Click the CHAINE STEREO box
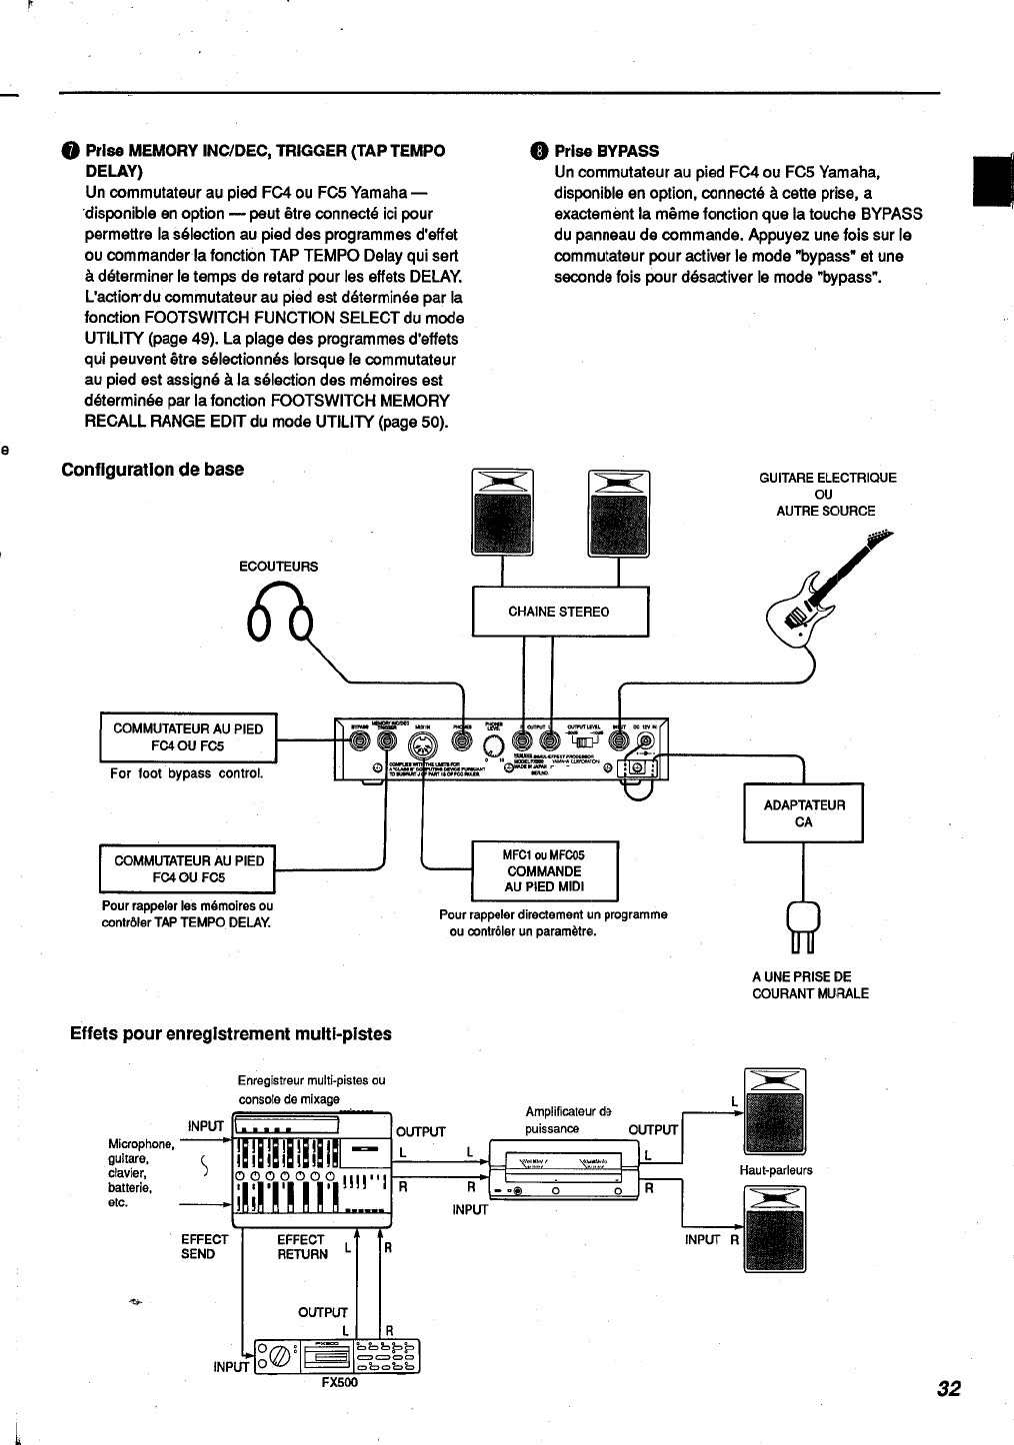[x=559, y=612]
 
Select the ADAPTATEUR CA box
[x=803, y=813]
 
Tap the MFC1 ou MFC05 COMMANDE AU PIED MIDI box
[x=544, y=871]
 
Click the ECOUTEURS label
[x=278, y=567]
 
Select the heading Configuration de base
[x=153, y=470]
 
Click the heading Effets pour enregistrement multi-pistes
[x=230, y=1033]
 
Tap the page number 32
[x=949, y=1388]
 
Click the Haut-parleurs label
[x=776, y=1170]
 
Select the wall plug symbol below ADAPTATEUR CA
[x=804, y=925]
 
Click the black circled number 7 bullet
[x=69, y=151]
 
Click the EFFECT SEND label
[x=204, y=1246]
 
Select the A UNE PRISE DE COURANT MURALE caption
[x=810, y=985]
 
